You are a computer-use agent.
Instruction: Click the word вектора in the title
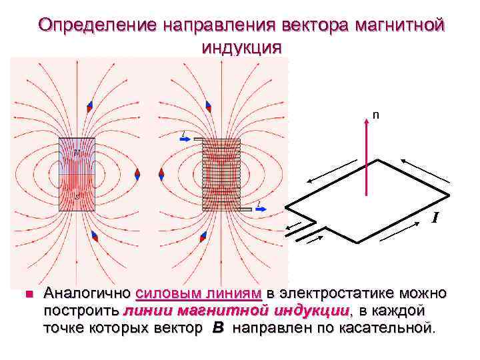[x=300, y=25]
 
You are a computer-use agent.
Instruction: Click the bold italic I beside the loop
[x=435, y=217]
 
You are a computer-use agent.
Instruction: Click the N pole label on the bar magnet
[x=77, y=153]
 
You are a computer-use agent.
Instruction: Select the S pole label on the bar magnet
[x=77, y=197]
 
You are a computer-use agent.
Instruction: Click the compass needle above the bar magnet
[x=89, y=106]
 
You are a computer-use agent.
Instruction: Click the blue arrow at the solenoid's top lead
[x=187, y=139]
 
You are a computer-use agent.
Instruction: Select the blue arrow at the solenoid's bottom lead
[x=262, y=209]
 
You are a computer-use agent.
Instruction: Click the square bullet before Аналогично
[x=28, y=293]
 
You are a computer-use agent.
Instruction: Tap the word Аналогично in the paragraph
[x=87, y=293]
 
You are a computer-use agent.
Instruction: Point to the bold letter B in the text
[x=218, y=328]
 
